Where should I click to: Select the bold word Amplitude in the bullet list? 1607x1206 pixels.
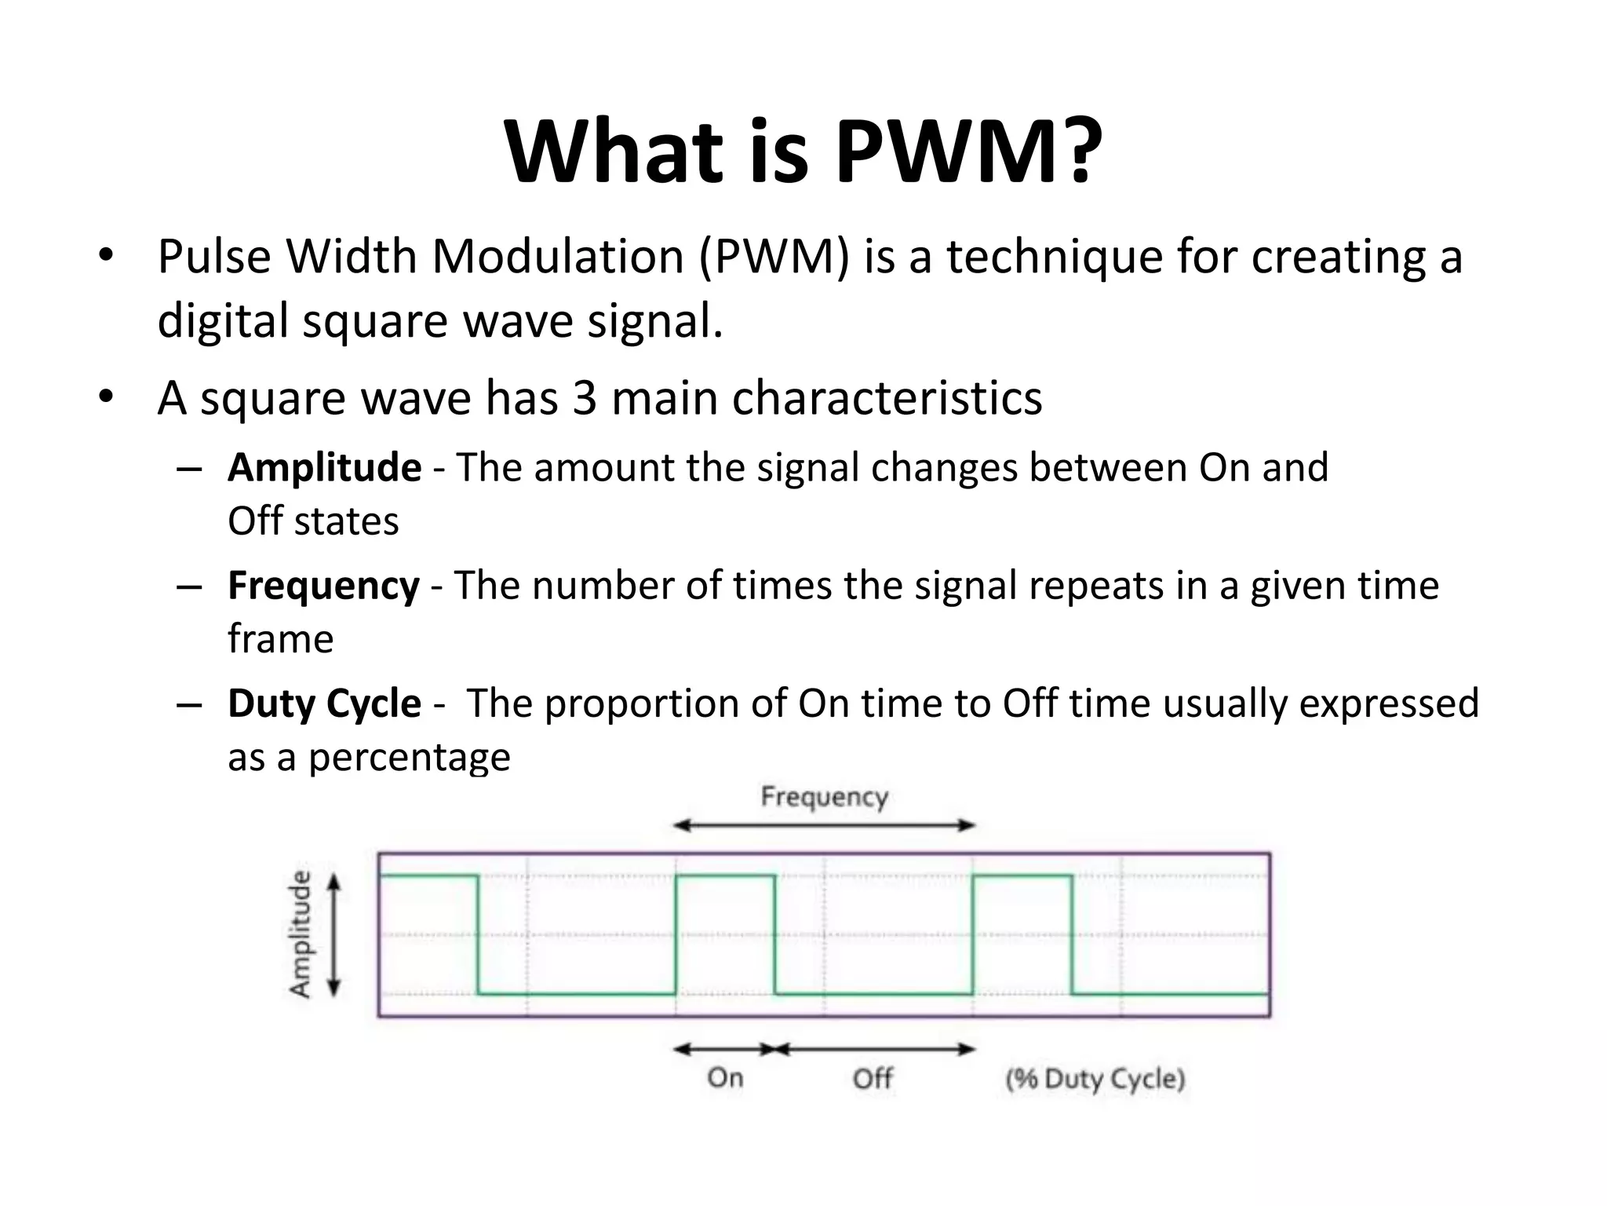(x=324, y=467)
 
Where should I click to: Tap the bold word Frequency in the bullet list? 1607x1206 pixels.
(x=323, y=586)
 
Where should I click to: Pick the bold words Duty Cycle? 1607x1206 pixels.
(x=324, y=703)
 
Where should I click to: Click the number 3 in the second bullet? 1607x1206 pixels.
(x=585, y=397)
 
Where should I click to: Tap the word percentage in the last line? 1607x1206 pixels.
(x=409, y=758)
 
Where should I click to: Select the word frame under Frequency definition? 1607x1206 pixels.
(x=280, y=639)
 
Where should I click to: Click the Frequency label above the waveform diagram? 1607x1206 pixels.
(x=824, y=797)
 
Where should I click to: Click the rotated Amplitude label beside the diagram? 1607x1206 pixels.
(x=301, y=934)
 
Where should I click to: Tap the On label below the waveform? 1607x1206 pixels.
(x=725, y=1078)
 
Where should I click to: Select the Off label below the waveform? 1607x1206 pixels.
(x=873, y=1078)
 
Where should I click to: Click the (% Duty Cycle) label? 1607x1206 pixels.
(x=1095, y=1079)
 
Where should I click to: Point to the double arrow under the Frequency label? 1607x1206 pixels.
(x=824, y=825)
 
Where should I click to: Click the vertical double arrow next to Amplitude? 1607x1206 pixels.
(x=334, y=935)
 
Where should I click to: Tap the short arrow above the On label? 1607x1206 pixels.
(x=725, y=1049)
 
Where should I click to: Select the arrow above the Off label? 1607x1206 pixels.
(x=874, y=1049)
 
